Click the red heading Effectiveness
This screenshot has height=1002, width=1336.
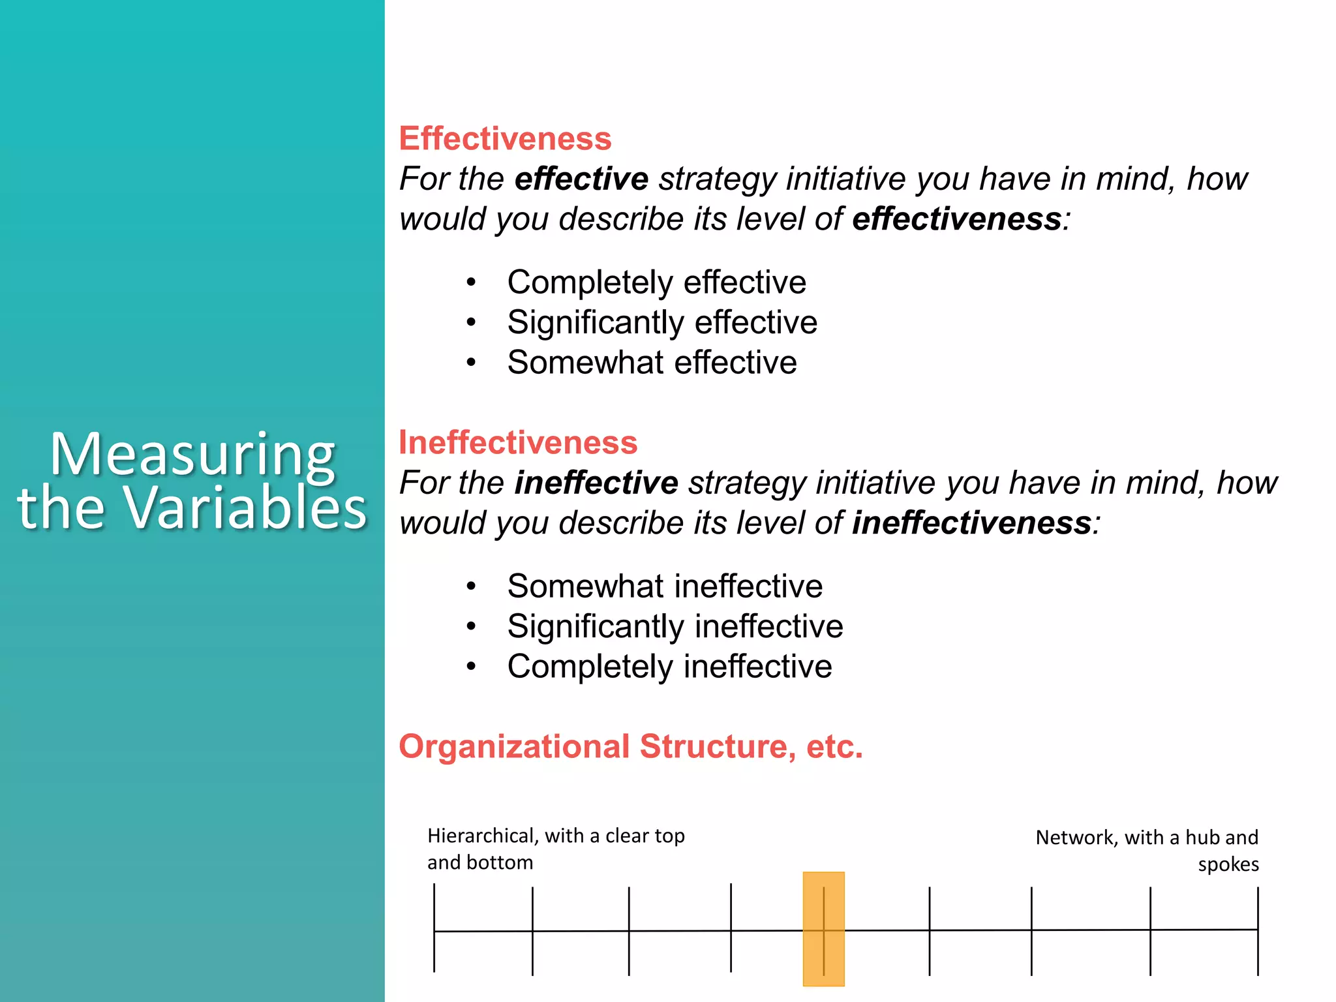pos(505,138)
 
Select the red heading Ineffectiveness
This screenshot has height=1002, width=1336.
pos(518,442)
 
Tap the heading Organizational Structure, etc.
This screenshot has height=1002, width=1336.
pos(630,746)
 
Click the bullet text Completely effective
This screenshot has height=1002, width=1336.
pos(656,282)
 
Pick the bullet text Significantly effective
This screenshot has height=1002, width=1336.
pos(662,322)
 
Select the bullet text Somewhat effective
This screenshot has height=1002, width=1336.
pos(652,362)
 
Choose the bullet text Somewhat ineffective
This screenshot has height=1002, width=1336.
pos(665,586)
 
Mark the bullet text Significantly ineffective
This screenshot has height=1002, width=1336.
pos(675,626)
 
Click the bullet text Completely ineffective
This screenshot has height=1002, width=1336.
pos(669,667)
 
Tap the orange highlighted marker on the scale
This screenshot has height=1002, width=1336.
pos(823,929)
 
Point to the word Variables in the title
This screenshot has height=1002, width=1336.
pos(246,508)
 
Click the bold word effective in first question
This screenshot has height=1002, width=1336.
pos(581,179)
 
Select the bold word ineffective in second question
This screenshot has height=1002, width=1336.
pos(596,483)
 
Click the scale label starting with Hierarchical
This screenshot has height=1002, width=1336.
pos(555,849)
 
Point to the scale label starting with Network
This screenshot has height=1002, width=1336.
pos(1147,850)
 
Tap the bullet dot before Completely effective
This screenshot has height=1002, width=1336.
pos(471,282)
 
